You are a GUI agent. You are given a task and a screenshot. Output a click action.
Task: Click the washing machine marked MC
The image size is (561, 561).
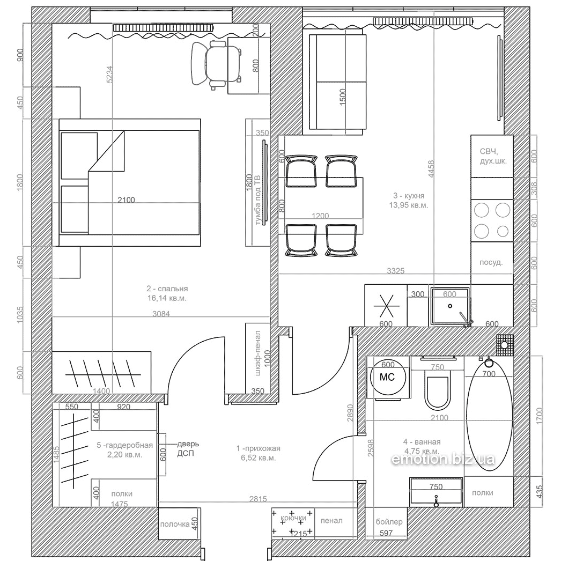coord(388,377)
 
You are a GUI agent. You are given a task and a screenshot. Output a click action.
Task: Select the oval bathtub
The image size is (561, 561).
coord(490,417)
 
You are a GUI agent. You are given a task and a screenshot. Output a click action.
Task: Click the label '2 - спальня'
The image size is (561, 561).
coord(167,289)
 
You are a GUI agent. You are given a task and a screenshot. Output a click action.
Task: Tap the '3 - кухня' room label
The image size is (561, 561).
coord(409,195)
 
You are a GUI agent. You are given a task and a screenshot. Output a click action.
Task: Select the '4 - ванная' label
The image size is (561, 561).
coord(422,442)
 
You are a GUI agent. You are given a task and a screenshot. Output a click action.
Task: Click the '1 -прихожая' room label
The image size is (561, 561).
coord(258,448)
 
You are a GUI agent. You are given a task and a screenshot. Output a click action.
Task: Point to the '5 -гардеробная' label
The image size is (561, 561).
coord(124,446)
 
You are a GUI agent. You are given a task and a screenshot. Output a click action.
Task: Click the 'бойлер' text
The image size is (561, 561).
coord(389,522)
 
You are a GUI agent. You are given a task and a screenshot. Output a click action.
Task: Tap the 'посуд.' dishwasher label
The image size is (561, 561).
coord(491,263)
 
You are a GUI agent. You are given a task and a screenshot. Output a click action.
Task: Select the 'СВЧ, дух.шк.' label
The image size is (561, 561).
coord(493,156)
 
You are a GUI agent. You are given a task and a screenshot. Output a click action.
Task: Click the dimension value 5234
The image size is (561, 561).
coord(109,75)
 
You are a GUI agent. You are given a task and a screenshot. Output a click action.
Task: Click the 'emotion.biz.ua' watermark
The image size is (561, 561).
coord(443,459)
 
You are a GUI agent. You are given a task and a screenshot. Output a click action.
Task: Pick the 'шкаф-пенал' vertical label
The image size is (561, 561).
coord(258,353)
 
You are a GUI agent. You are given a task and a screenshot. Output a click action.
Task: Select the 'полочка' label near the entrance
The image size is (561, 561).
coord(175,524)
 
